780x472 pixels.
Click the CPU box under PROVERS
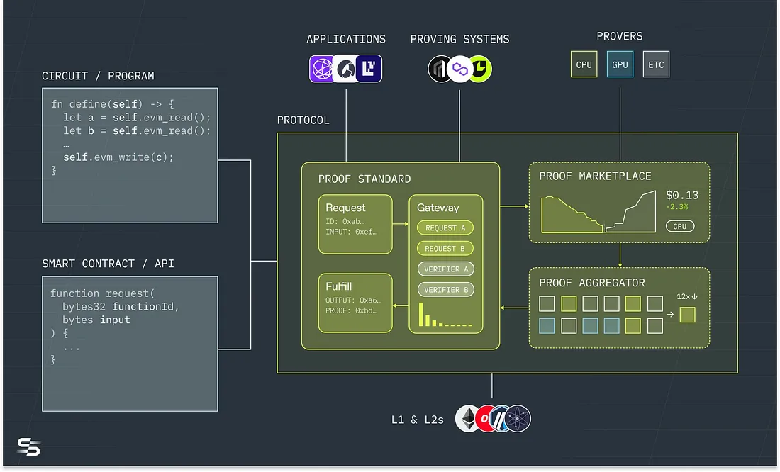tap(584, 64)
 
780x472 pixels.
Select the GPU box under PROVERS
tap(620, 64)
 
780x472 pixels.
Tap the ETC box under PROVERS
tap(656, 64)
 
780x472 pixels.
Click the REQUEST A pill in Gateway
tap(445, 228)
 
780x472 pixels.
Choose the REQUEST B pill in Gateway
tap(445, 249)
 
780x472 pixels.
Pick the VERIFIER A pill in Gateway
tap(445, 269)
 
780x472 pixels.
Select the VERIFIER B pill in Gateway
tap(445, 290)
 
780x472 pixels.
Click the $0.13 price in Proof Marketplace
tap(681, 196)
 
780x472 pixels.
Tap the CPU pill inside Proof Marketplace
tap(679, 227)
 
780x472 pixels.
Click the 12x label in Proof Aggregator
tap(684, 296)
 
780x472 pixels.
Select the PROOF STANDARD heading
tap(364, 179)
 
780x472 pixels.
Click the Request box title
tap(345, 208)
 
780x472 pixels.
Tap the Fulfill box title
tap(338, 287)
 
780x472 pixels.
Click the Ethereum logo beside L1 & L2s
tap(467, 419)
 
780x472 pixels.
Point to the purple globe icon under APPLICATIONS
tap(323, 69)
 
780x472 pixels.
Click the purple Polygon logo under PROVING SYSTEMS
tap(460, 69)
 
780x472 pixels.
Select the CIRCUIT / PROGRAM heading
tap(98, 76)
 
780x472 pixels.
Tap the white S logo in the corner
tap(28, 447)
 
